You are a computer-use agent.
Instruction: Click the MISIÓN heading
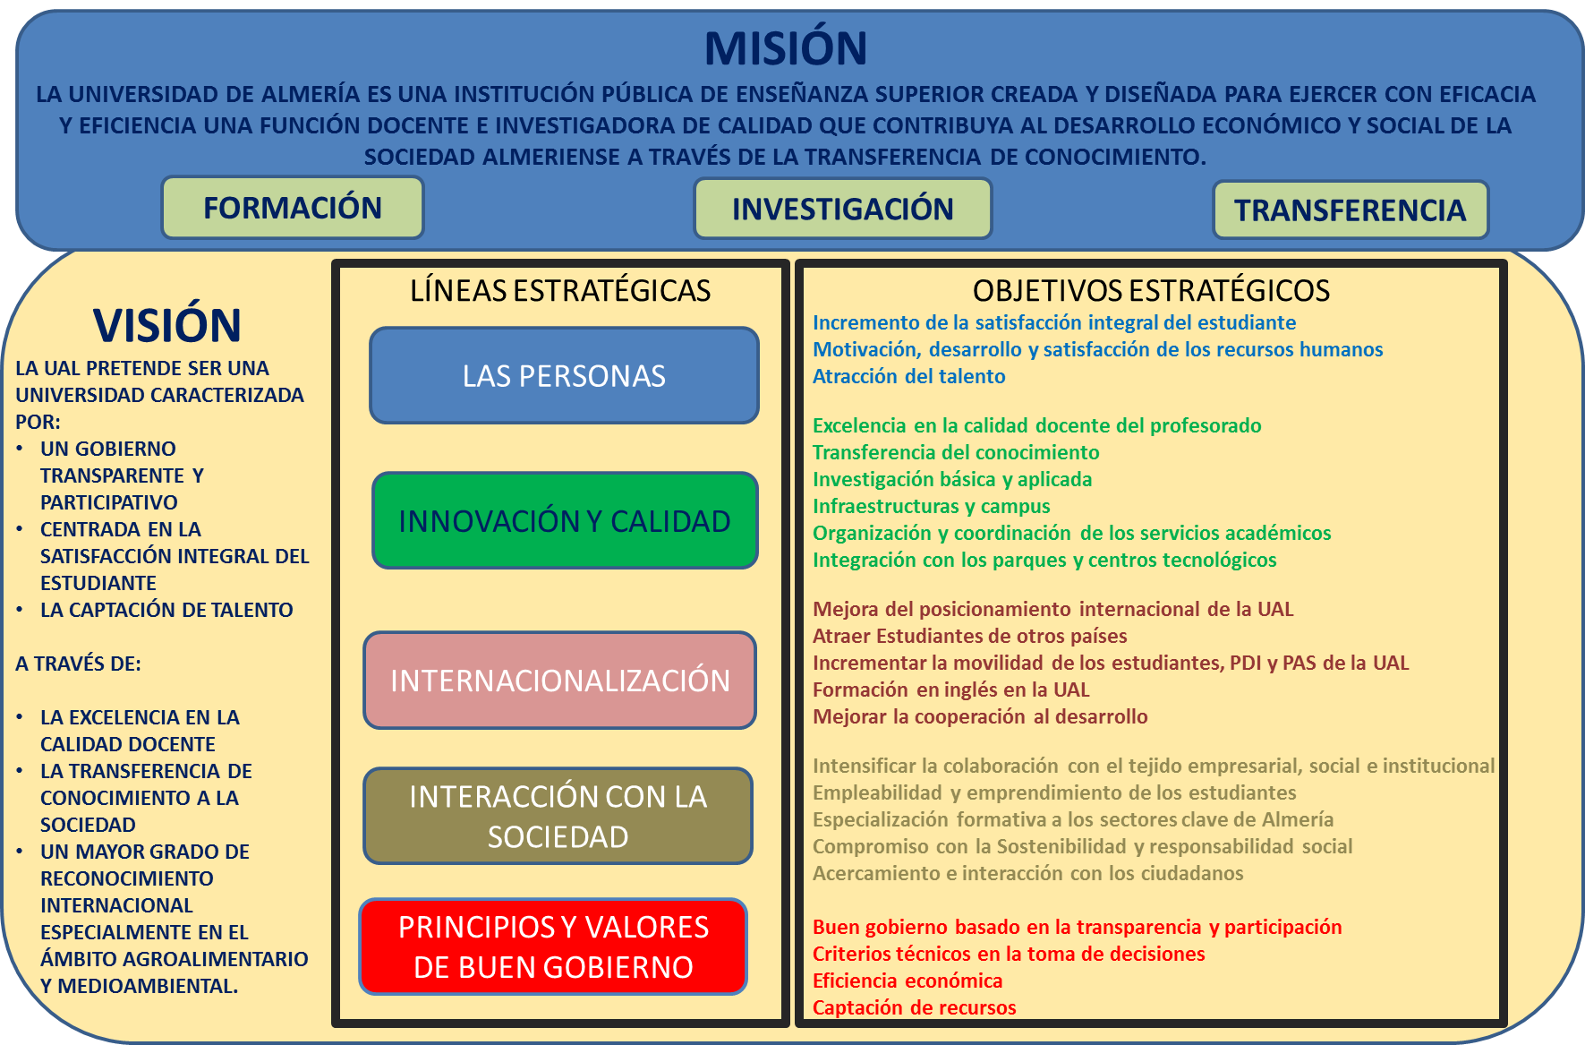pyautogui.click(x=786, y=48)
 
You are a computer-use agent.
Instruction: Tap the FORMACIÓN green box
pyautogui.click(x=293, y=208)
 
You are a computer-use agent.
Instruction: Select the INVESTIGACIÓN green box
pyautogui.click(x=843, y=209)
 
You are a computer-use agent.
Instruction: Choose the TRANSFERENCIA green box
pyautogui.click(x=1351, y=210)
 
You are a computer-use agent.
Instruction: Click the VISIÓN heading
pyautogui.click(x=167, y=325)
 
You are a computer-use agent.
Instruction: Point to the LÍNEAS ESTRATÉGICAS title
pyautogui.click(x=560, y=291)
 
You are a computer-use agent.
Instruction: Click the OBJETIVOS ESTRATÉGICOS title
pyautogui.click(x=1151, y=291)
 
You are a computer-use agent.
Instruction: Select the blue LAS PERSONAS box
pyautogui.click(x=565, y=375)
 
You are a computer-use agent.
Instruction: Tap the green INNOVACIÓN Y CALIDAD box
pyautogui.click(x=565, y=520)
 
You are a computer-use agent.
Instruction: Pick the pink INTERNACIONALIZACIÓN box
pyautogui.click(x=560, y=681)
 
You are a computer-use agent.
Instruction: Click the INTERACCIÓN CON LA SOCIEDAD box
pyautogui.click(x=558, y=816)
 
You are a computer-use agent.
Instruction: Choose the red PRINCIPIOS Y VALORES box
pyautogui.click(x=553, y=946)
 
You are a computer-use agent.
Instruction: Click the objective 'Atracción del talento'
pyautogui.click(x=909, y=376)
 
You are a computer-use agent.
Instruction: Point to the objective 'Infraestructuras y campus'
pyautogui.click(x=932, y=506)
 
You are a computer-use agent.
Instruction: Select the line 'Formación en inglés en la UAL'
pyautogui.click(x=951, y=689)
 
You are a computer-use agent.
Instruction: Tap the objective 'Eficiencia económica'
pyautogui.click(x=908, y=981)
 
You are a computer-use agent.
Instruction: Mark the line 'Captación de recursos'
pyautogui.click(x=915, y=1007)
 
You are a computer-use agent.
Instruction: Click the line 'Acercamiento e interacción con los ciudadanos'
pyautogui.click(x=1028, y=873)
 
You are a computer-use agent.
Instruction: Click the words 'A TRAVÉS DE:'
pyautogui.click(x=79, y=664)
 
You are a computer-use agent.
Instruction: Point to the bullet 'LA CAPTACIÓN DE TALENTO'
pyautogui.click(x=166, y=610)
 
